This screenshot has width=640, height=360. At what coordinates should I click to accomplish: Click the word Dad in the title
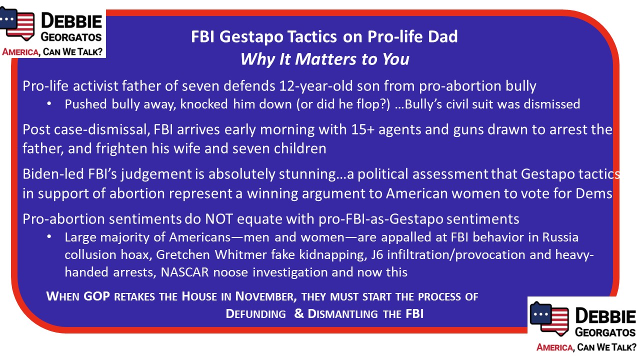click(442, 36)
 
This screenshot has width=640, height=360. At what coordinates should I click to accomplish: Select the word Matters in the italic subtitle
click(325, 59)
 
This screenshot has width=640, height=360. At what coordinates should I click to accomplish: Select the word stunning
click(307, 174)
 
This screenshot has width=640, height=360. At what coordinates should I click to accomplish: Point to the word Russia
click(560, 237)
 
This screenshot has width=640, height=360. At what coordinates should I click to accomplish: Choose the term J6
click(377, 255)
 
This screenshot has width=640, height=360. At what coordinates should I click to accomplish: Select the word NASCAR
click(184, 272)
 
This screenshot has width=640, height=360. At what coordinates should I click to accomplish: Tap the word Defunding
click(255, 314)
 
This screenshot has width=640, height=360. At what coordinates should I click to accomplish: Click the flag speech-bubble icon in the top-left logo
click(17, 23)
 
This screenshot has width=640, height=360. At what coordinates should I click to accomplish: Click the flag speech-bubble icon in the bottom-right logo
click(549, 318)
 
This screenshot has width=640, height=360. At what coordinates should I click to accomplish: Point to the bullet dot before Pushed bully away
click(49, 104)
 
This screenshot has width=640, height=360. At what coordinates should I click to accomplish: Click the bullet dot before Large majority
click(49, 237)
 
